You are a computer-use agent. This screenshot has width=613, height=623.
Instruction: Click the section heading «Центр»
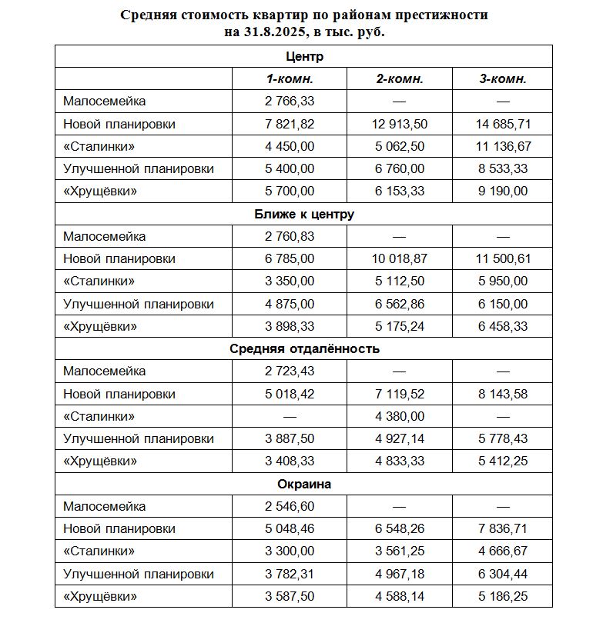304,56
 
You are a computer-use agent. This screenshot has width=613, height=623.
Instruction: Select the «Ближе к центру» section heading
304,214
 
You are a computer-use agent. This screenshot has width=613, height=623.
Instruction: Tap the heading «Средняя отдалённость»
304,348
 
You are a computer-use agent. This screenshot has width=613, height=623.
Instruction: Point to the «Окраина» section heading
304,484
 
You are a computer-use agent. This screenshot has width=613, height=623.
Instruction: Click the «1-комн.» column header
290,78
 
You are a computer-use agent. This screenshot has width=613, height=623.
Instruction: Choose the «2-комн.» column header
400,78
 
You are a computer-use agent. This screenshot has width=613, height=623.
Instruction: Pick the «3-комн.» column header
503,78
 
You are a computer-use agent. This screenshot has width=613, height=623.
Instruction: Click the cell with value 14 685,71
503,124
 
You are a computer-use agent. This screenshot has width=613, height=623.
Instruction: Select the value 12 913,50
400,124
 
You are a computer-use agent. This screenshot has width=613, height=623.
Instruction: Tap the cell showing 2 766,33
290,101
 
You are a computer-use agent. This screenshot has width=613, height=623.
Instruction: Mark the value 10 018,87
400,258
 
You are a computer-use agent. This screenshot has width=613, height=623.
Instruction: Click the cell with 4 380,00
400,416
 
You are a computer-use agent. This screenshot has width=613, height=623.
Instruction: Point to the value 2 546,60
290,506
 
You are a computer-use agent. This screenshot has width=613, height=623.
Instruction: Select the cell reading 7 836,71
503,529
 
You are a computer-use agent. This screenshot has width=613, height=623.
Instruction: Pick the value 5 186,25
503,597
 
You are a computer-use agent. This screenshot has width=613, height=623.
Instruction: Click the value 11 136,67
503,146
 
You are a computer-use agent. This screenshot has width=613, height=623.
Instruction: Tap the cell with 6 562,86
400,304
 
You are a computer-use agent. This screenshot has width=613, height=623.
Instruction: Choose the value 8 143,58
503,394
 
